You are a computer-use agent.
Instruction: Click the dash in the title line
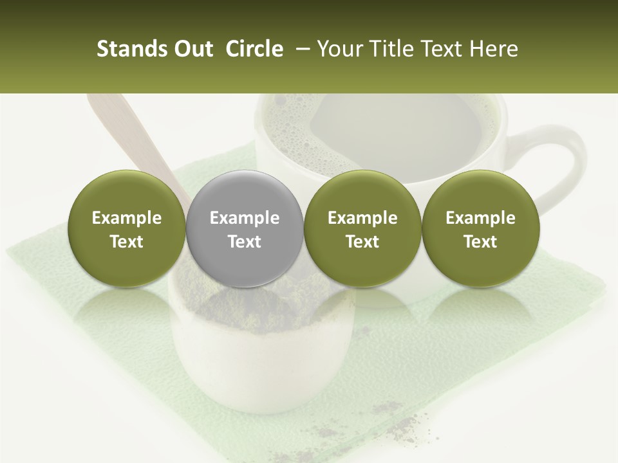click(300, 49)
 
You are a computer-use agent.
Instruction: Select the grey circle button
click(245, 229)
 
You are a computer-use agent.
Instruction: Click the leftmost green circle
click(127, 229)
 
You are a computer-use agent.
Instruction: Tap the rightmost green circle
click(480, 229)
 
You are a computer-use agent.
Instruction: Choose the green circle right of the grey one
click(362, 229)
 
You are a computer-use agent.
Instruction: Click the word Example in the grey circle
click(245, 218)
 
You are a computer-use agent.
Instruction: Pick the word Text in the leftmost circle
click(127, 242)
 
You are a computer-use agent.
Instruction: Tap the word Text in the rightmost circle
click(480, 242)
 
